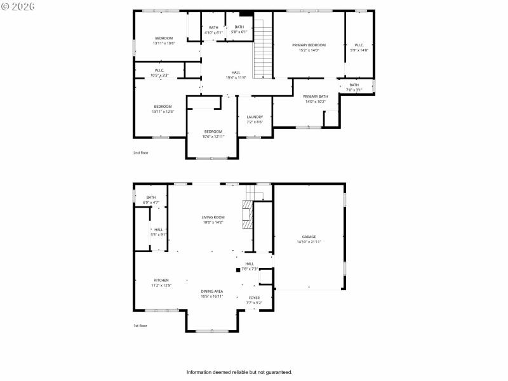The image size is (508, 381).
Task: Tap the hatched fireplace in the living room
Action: (x=246, y=215)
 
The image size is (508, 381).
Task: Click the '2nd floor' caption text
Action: (x=140, y=153)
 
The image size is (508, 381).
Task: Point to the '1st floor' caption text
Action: (x=140, y=326)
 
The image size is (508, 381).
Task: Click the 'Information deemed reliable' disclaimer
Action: (x=239, y=372)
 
